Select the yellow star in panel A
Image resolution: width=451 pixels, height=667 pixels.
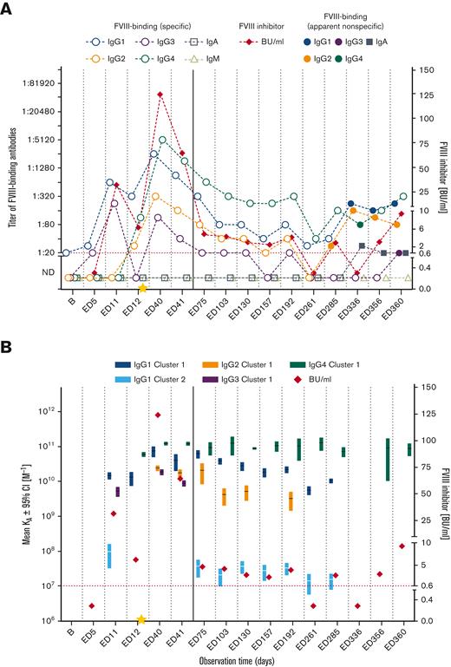pyautogui.click(x=142, y=288)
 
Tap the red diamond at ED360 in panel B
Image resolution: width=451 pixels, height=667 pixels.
pyautogui.click(x=402, y=546)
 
